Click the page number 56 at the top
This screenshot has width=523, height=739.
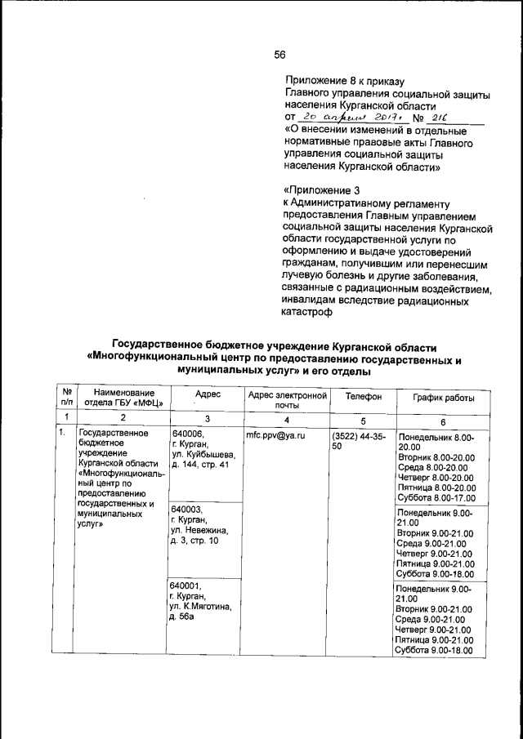point(279,55)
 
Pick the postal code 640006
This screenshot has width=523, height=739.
point(186,433)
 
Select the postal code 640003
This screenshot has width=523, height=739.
point(186,508)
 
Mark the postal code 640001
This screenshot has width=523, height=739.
point(186,585)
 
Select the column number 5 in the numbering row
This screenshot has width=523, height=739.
point(362,420)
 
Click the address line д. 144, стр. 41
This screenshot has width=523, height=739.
point(202,465)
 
